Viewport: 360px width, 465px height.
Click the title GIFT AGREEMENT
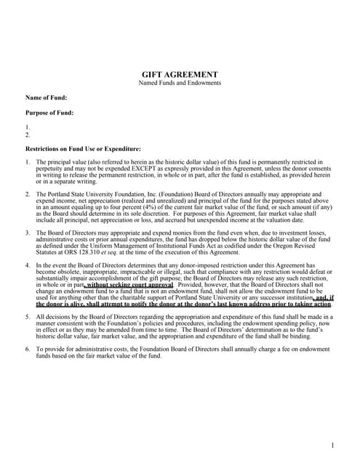coord(180,75)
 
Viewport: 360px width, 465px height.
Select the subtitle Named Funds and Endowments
coord(180,84)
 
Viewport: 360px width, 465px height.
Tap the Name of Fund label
coord(47,97)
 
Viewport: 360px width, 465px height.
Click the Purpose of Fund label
coord(49,113)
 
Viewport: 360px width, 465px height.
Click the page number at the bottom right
coord(332,445)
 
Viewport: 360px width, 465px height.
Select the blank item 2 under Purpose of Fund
coord(28,135)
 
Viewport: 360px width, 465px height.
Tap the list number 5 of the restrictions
coord(28,318)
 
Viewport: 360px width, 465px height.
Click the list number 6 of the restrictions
coord(28,350)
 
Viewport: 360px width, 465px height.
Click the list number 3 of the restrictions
coord(28,232)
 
